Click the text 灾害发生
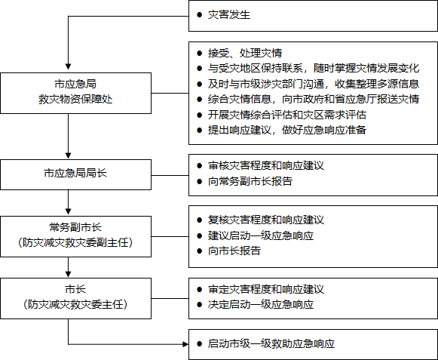pyautogui.click(x=228, y=15)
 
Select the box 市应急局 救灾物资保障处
pyautogui.click(x=75, y=93)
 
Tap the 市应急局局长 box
pyautogui.click(x=75, y=174)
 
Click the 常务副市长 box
pyautogui.click(x=75, y=236)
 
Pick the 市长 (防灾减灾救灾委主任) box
pyautogui.click(x=75, y=298)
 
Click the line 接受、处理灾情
pyautogui.click(x=245, y=53)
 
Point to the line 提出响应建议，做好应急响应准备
pyautogui.click(x=287, y=130)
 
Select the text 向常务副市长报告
pyautogui.click(x=250, y=181)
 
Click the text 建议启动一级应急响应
pyautogui.click(x=261, y=235)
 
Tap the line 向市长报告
pyautogui.click(x=234, y=251)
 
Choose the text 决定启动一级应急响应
pyautogui.click(x=261, y=305)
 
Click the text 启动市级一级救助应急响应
pyautogui.click(x=271, y=344)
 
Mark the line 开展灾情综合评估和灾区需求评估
pyautogui.click(x=287, y=115)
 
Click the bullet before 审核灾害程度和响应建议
pyautogui.click(x=199, y=166)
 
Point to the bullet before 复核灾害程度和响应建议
pyautogui.click(x=199, y=220)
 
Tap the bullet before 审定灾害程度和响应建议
pyautogui.click(x=199, y=289)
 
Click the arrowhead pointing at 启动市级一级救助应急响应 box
pyautogui.click(x=185, y=344)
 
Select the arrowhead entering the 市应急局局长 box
pyautogui.click(x=68, y=156)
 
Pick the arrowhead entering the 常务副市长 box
pyautogui.click(x=68, y=213)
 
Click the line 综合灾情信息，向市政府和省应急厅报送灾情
pyautogui.click(x=314, y=100)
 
